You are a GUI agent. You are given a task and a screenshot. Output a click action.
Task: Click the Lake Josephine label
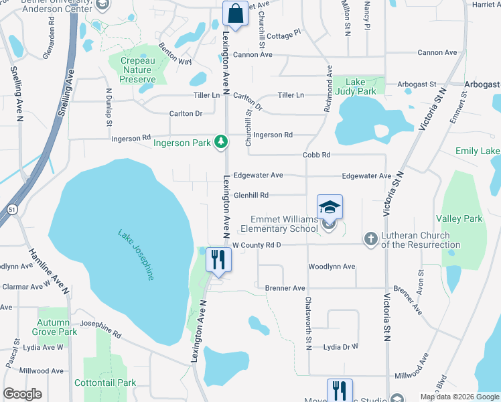pos(137,255)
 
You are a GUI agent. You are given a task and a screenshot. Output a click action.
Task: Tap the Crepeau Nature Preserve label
pos(137,70)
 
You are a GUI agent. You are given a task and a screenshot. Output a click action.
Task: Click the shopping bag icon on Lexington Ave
pos(235,12)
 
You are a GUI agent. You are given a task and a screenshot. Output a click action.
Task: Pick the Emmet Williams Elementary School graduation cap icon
pos(329,207)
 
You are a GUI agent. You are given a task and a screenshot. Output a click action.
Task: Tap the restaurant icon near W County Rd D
pos(218,258)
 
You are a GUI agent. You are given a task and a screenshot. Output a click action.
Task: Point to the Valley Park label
pos(459,219)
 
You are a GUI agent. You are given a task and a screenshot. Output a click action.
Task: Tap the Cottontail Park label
pos(111,383)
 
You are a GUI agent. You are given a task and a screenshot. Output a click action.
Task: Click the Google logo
pos(23,393)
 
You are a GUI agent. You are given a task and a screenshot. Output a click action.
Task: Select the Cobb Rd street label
pos(316,155)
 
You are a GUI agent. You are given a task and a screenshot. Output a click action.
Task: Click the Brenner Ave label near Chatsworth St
pos(285,288)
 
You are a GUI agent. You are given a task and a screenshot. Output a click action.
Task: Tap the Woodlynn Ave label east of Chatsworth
pos(331,267)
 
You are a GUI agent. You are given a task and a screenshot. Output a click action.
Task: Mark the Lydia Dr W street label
pos(341,347)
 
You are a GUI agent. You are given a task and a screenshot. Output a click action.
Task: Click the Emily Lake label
pos(478,151)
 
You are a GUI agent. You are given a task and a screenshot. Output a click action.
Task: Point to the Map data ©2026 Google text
pos(459,397)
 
